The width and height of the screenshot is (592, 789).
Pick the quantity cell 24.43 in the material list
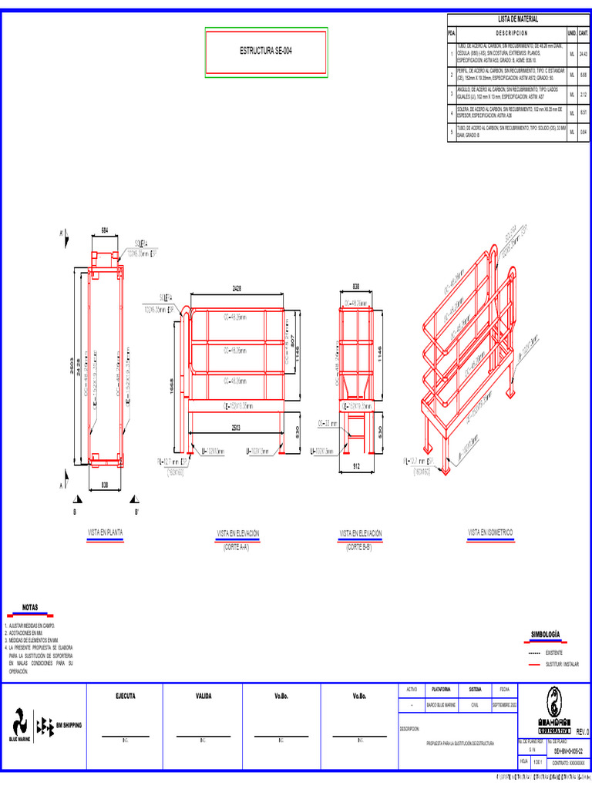(x=584, y=55)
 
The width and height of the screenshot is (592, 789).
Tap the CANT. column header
(x=584, y=34)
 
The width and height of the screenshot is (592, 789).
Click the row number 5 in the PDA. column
(x=452, y=133)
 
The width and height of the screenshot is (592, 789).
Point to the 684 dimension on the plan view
(x=106, y=230)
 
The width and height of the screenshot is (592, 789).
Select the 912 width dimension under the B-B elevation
(x=355, y=467)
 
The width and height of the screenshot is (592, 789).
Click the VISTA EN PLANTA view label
(x=106, y=532)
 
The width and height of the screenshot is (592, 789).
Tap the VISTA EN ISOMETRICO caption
(x=490, y=532)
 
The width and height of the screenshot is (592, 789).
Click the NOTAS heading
(x=30, y=607)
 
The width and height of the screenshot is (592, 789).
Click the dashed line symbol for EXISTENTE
(x=536, y=652)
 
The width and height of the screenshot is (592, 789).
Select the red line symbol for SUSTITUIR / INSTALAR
(x=536, y=663)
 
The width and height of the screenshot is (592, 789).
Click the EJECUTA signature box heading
(x=126, y=696)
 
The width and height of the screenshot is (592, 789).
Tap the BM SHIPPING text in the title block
(x=69, y=725)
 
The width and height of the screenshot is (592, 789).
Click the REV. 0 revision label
(x=582, y=731)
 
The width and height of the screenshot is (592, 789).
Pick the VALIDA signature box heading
(x=203, y=696)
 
